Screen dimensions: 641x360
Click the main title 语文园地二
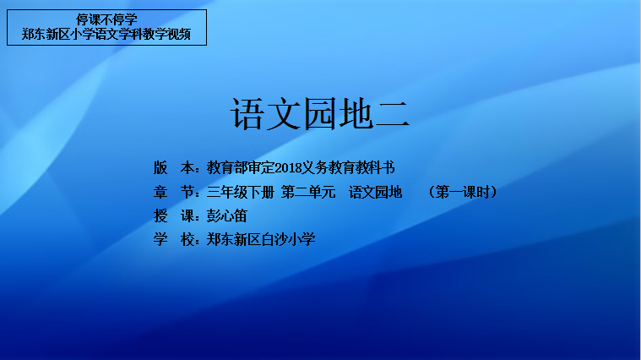[320, 114]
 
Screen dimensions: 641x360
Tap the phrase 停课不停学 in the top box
[106, 19]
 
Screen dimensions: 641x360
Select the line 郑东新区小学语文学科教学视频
[106, 34]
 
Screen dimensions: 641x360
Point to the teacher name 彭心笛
[226, 215]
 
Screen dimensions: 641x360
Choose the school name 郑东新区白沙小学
[261, 239]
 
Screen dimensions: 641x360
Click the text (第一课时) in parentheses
[463, 192]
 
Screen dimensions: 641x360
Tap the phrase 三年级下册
[241, 192]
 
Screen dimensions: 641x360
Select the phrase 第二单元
[308, 192]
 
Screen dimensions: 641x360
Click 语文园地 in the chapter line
[375, 192]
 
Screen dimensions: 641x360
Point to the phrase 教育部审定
[241, 167]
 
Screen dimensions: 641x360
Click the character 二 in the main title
[392, 114]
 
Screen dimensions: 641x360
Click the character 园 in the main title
[320, 114]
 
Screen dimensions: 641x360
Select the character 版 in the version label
[160, 167]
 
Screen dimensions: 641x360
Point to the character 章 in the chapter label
[160, 192]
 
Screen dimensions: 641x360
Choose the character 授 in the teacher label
[160, 215]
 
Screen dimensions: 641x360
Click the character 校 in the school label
[187, 239]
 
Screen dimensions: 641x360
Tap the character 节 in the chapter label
[187, 192]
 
